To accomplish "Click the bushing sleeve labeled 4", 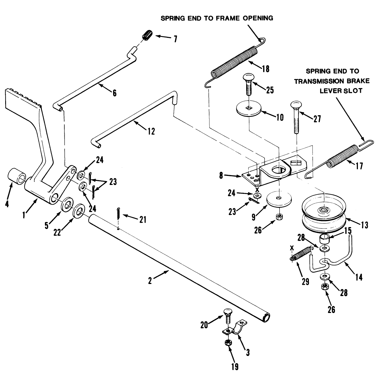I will tap(17, 177).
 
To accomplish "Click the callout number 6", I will tap(114, 93).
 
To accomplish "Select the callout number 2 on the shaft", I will tap(150, 281).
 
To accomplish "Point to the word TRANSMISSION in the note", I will tap(318, 81).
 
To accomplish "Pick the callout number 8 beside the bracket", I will tap(221, 175).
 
